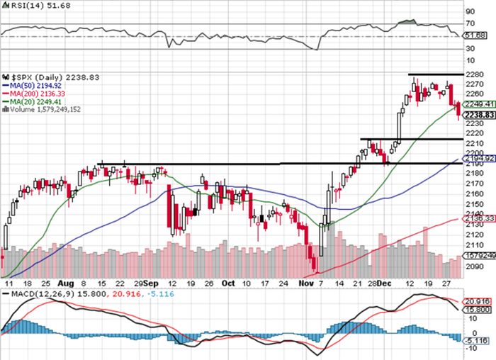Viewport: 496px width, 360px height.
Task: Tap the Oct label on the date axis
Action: coord(227,283)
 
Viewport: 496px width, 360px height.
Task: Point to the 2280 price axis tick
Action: coord(475,74)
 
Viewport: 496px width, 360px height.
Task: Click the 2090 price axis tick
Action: coord(475,267)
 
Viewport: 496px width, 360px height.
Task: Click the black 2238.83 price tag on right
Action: coord(475,115)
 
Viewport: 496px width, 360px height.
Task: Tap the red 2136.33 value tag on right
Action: coord(475,218)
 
